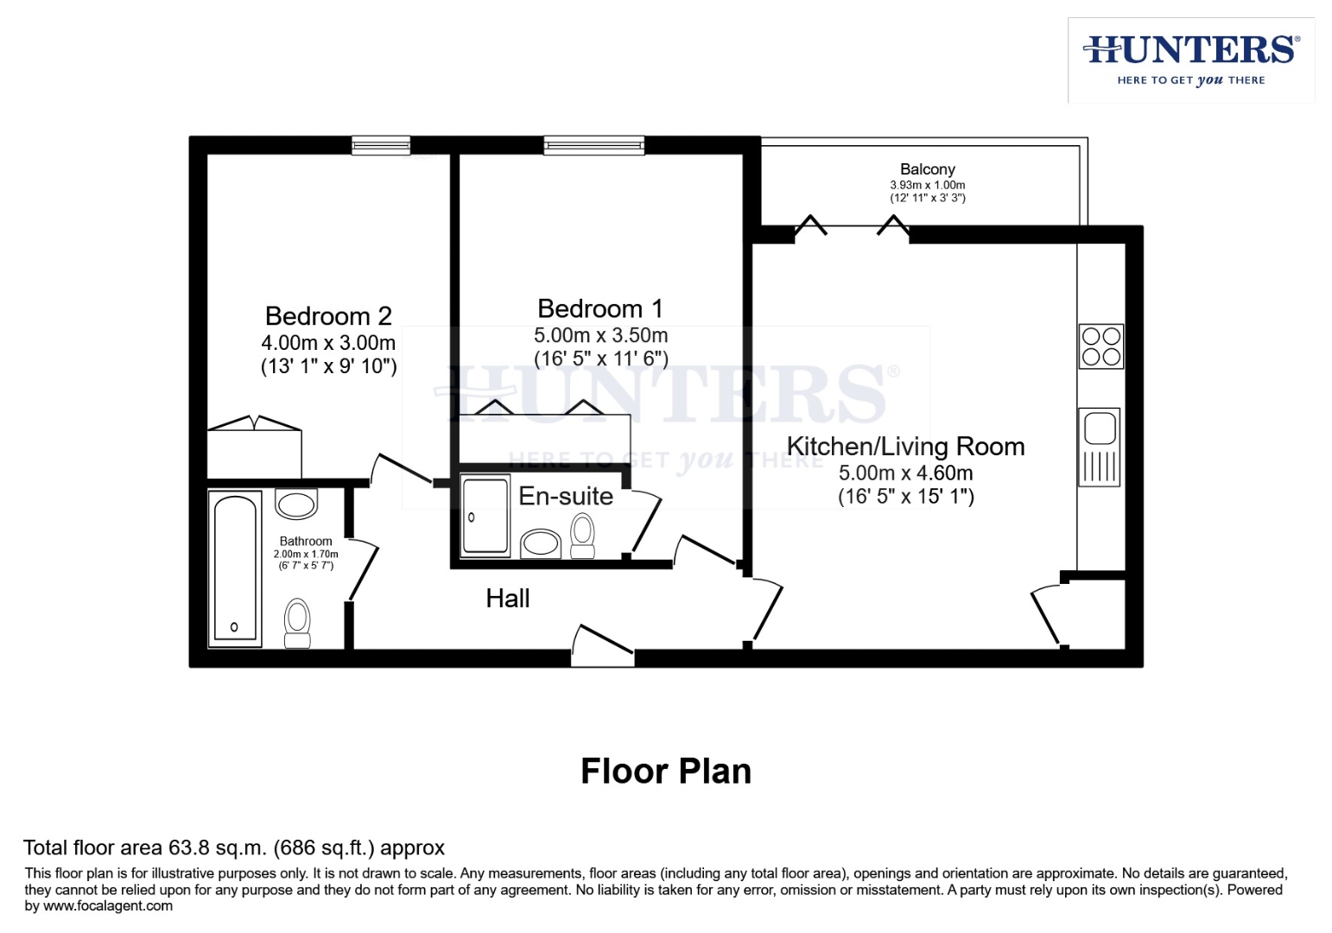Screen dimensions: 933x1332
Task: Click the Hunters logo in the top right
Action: click(x=1190, y=60)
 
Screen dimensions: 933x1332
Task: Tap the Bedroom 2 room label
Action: click(x=328, y=316)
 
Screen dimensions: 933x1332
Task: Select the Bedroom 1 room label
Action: click(x=600, y=309)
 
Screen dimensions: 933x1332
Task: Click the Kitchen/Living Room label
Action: click(x=905, y=447)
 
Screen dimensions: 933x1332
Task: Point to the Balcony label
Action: click(x=927, y=169)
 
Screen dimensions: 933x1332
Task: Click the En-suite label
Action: click(x=566, y=496)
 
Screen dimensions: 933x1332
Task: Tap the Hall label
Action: click(x=508, y=599)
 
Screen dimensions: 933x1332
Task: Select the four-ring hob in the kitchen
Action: click(x=1101, y=346)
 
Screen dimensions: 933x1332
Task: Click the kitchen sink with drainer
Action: click(x=1100, y=447)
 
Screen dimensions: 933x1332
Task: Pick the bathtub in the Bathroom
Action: click(x=235, y=568)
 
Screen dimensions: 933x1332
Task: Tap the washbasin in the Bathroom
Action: click(x=296, y=505)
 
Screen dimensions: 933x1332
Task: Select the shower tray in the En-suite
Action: click(x=485, y=516)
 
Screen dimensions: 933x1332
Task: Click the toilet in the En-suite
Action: click(x=584, y=536)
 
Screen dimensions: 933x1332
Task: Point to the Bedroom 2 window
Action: click(x=381, y=145)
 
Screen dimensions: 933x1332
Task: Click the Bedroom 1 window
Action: click(x=594, y=145)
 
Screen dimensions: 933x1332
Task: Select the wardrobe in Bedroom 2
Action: click(x=254, y=449)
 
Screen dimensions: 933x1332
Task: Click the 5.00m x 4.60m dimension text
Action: click(x=905, y=473)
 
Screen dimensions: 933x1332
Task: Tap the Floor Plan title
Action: click(x=666, y=771)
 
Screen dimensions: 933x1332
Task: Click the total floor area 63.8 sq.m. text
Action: click(x=234, y=848)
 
